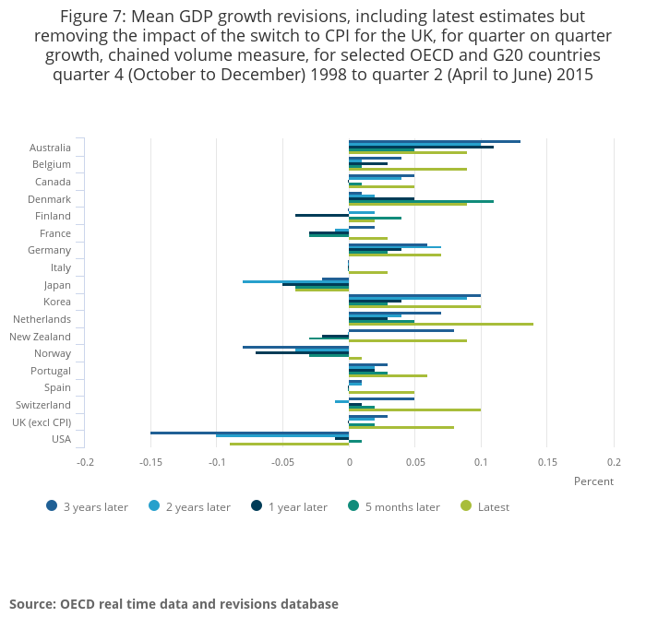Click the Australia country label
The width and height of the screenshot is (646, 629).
pos(50,148)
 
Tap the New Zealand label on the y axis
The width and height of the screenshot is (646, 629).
pos(40,337)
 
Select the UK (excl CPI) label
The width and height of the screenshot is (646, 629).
pos(42,421)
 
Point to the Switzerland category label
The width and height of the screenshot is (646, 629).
pos(43,405)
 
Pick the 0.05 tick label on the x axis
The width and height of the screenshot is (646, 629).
pos(414,461)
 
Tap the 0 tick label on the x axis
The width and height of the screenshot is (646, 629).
pos(349,461)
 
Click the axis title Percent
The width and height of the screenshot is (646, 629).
pos(593,481)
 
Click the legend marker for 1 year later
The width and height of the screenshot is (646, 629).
pos(255,505)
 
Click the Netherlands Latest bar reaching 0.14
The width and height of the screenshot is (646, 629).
pos(441,324)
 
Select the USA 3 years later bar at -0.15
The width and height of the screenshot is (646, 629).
pos(249,433)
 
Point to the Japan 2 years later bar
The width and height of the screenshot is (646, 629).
pos(295,281)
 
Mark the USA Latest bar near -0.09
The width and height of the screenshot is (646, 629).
pos(289,444)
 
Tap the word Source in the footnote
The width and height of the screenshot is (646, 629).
pos(30,604)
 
